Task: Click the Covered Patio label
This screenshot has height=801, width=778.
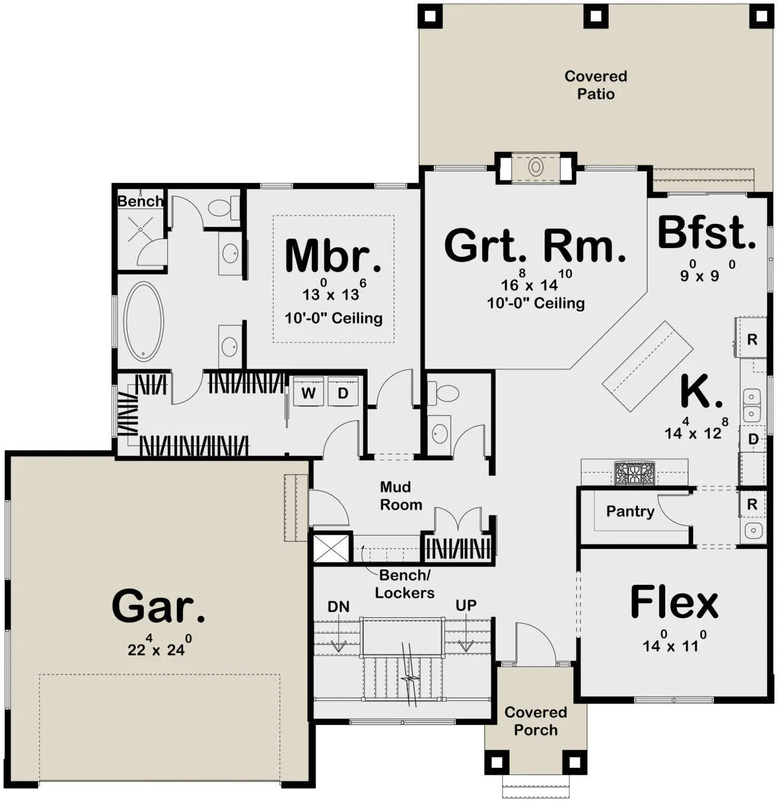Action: pyautogui.click(x=595, y=85)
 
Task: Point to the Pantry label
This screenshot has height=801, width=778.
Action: pyautogui.click(x=630, y=511)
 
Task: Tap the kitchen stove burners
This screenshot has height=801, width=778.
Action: pyautogui.click(x=633, y=473)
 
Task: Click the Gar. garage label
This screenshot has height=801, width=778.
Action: pyautogui.click(x=158, y=606)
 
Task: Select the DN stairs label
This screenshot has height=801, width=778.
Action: pyautogui.click(x=338, y=606)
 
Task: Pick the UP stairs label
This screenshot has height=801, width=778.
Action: pyautogui.click(x=466, y=605)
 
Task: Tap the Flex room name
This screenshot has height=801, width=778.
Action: pyautogui.click(x=674, y=603)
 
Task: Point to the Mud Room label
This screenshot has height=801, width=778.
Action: pyautogui.click(x=401, y=496)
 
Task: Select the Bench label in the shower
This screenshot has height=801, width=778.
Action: pyautogui.click(x=140, y=201)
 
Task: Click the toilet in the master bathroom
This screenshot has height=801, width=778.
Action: pyautogui.click(x=223, y=208)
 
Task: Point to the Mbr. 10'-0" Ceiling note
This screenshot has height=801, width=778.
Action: pyautogui.click(x=333, y=319)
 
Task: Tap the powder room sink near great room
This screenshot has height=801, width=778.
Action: pyautogui.click(x=439, y=434)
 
